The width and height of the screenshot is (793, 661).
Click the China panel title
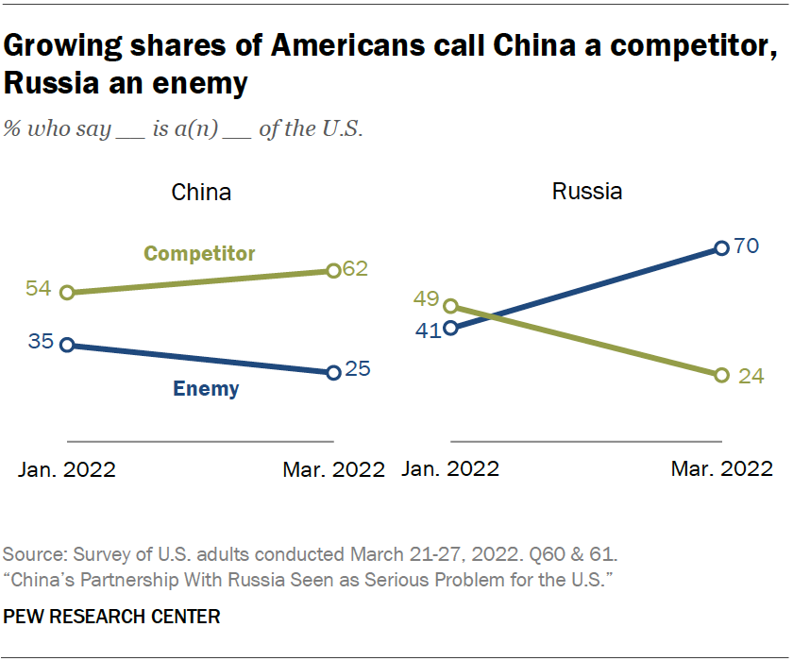point(201,193)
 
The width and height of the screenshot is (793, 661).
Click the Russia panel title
point(587,192)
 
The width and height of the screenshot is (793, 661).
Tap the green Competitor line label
point(199,253)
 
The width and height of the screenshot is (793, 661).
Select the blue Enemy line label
point(205,388)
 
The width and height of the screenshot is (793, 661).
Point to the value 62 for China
point(354,268)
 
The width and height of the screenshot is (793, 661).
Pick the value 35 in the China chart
point(41,343)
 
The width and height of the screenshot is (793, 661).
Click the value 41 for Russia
point(430,330)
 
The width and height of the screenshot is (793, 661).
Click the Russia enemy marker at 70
point(722,248)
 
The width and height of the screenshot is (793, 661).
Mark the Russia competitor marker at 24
point(722,375)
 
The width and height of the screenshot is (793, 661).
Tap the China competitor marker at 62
point(332,271)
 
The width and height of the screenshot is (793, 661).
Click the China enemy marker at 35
point(66,345)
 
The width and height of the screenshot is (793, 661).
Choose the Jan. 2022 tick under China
point(67,469)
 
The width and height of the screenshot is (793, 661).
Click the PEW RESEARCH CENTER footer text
point(112,617)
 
